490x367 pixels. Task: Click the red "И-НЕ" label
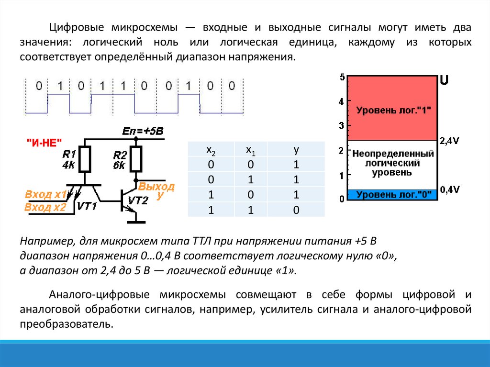pyautogui.click(x=45, y=142)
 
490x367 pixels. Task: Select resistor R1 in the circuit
pyautogui.click(x=85, y=159)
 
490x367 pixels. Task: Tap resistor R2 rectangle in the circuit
pyautogui.click(x=136, y=159)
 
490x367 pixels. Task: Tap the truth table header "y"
pyautogui.click(x=296, y=150)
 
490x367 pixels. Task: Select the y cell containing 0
pyautogui.click(x=296, y=210)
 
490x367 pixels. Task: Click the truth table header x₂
pyautogui.click(x=211, y=150)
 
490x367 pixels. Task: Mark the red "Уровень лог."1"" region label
pyautogui.click(x=393, y=110)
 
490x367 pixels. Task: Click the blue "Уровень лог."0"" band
pyautogui.click(x=393, y=195)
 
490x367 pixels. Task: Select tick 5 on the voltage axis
pyautogui.click(x=342, y=77)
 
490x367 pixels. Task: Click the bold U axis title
pyautogui.click(x=444, y=80)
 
